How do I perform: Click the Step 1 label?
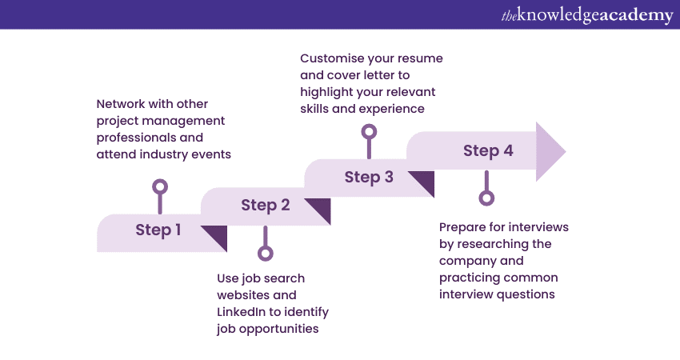[x=158, y=230]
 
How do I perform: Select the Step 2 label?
[x=265, y=206]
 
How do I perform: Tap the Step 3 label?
[x=369, y=177]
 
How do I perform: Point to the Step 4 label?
[x=488, y=151]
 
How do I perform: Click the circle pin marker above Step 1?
[x=160, y=187]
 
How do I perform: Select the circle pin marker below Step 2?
[x=266, y=253]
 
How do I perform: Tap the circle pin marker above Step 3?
[x=369, y=131]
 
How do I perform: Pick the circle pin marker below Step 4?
[x=486, y=198]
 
